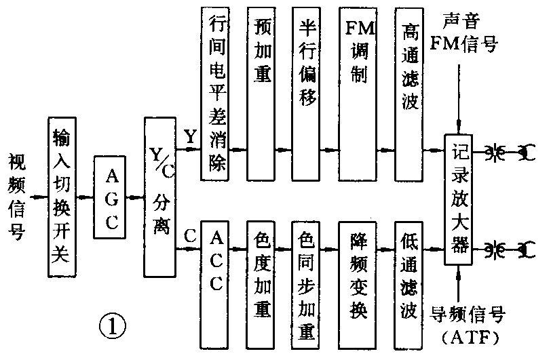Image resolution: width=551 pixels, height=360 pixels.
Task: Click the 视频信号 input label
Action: [x=17, y=197]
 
